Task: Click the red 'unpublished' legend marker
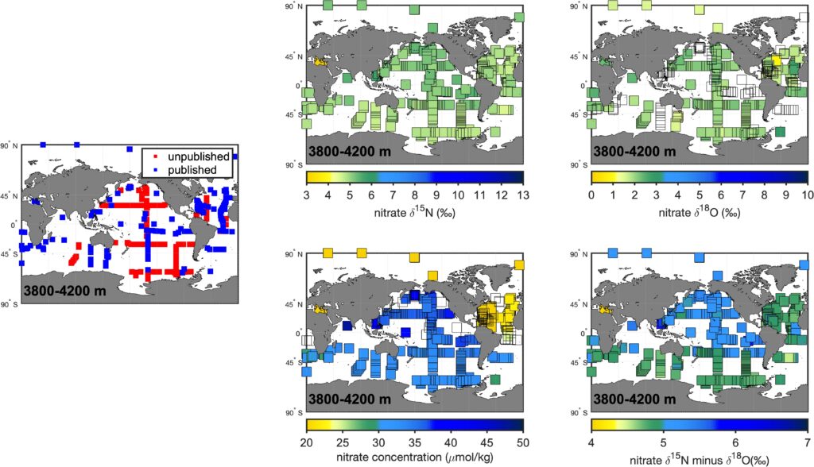[x=145, y=157]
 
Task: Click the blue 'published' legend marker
[x=145, y=169]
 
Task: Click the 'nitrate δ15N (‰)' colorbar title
[x=414, y=209]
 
